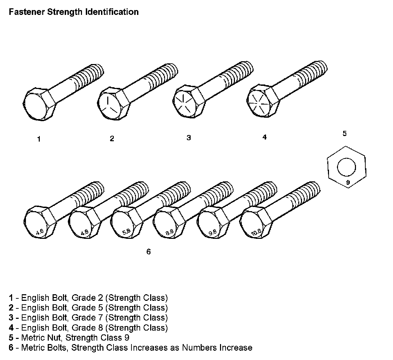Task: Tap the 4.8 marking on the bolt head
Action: [x=84, y=233]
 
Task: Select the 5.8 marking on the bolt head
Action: [x=126, y=233]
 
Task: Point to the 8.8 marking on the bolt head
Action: [x=170, y=233]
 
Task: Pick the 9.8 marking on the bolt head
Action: [x=212, y=233]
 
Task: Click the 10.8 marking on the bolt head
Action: [x=256, y=233]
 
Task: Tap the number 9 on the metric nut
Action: [x=348, y=182]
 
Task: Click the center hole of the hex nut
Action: [x=347, y=168]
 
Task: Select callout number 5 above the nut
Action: [x=345, y=134]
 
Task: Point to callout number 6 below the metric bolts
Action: [x=148, y=252]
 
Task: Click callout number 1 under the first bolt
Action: [x=39, y=139]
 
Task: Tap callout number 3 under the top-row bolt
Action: [x=189, y=138]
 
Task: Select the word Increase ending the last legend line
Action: [x=236, y=348]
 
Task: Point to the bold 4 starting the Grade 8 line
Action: [x=11, y=327]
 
